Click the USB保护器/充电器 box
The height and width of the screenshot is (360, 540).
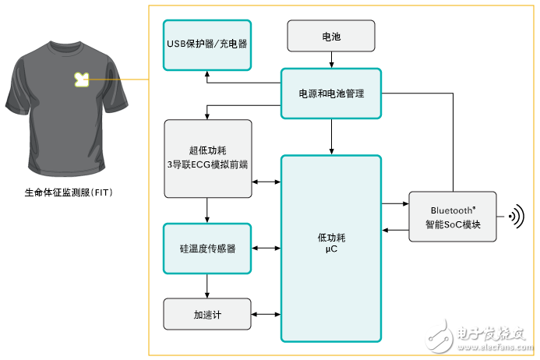coord(207,45)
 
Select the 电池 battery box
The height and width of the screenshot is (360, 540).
coord(331,36)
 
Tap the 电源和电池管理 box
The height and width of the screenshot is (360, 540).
coord(331,94)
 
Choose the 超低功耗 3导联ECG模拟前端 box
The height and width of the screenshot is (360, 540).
coord(208,158)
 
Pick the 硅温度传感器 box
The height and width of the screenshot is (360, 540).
coord(207,249)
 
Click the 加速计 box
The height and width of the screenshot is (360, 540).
coord(207,314)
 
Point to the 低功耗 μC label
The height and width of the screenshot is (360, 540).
coord(331,243)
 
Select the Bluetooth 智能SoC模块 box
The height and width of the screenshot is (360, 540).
coord(453,217)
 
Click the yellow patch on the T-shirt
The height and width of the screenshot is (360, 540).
coord(82,79)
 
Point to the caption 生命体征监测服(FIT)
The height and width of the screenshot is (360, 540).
coord(69,192)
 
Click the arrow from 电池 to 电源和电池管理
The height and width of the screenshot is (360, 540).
coord(331,60)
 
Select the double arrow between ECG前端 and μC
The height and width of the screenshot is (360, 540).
coord(266,182)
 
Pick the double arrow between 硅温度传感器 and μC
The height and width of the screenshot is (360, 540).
coord(266,248)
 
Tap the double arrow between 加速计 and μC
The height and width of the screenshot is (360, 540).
coord(266,314)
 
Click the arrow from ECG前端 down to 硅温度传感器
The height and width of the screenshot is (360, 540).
coord(207,210)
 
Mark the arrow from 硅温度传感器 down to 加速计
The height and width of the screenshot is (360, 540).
coord(207,286)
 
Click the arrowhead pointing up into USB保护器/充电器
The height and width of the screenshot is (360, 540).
coord(207,73)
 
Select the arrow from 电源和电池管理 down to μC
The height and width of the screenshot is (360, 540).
coord(331,137)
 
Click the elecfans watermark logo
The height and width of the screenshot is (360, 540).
coord(478,336)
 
